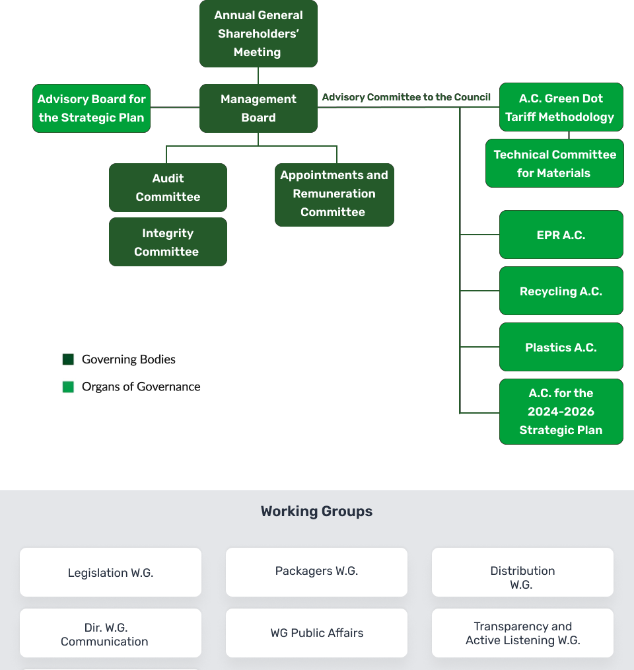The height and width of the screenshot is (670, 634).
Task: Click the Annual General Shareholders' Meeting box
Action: pyautogui.click(x=258, y=33)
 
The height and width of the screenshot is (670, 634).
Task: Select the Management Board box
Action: pyautogui.click(x=258, y=108)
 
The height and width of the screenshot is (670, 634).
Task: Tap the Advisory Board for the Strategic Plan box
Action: pyautogui.click(x=91, y=108)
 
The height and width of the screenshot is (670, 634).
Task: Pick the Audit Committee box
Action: pyautogui.click(x=168, y=188)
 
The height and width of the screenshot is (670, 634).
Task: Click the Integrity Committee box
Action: pyautogui.click(x=168, y=242)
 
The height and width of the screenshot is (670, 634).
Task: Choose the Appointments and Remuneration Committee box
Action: pyautogui.click(x=335, y=195)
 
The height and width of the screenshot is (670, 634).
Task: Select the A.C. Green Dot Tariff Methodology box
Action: pyautogui.click(x=561, y=107)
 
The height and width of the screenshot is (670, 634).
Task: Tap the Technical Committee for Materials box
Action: pyautogui.click(x=555, y=163)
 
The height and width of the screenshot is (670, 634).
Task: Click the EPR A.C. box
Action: pyautogui.click(x=561, y=235)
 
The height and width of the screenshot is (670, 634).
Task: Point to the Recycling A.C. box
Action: pyautogui.click(x=561, y=291)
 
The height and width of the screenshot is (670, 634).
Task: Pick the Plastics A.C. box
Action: pyautogui.click(x=561, y=347)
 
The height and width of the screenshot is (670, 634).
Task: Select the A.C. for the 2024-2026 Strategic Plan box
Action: pyautogui.click(x=561, y=412)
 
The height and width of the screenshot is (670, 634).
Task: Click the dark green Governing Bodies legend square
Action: pyautogui.click(x=69, y=359)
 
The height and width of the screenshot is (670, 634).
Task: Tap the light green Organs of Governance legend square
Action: pyautogui.click(x=69, y=387)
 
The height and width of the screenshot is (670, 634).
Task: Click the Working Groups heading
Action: pyautogui.click(x=316, y=511)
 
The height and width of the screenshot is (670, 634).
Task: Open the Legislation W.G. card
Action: pyautogui.click(x=111, y=572)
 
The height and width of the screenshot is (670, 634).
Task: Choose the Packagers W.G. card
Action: pyautogui.click(x=316, y=572)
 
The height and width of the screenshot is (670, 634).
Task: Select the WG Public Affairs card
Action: pyautogui.click(x=316, y=633)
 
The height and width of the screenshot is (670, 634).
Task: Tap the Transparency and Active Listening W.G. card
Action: pyautogui.click(x=522, y=633)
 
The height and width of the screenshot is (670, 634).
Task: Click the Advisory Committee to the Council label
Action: pyautogui.click(x=406, y=97)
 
